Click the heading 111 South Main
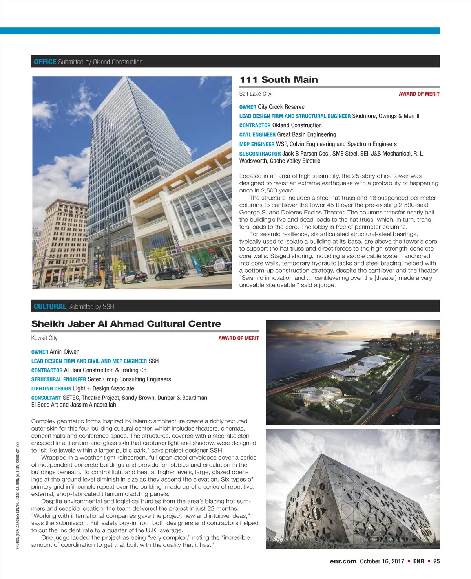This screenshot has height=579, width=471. (279, 80)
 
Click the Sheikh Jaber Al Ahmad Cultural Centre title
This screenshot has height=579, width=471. (126, 324)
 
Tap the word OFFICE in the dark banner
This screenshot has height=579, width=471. (45, 62)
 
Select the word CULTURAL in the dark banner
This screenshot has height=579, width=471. (50, 306)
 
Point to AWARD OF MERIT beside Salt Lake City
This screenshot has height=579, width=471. (419, 94)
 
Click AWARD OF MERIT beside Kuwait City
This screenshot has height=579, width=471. (239, 338)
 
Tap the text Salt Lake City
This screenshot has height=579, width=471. (255, 94)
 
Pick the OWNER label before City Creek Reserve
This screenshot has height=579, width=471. (248, 107)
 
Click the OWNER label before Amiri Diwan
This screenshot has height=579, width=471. (40, 352)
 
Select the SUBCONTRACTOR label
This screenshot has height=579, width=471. (260, 154)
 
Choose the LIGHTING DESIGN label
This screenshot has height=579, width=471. (51, 389)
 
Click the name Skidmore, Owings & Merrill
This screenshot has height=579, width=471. (385, 116)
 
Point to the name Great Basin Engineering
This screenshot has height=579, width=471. (307, 135)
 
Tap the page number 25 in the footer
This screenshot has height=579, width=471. (436, 561)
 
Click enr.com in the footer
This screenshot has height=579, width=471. (343, 561)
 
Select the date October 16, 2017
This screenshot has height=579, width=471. (382, 561)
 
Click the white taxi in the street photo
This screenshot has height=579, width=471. (134, 277)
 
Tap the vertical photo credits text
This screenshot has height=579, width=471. (18, 495)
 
